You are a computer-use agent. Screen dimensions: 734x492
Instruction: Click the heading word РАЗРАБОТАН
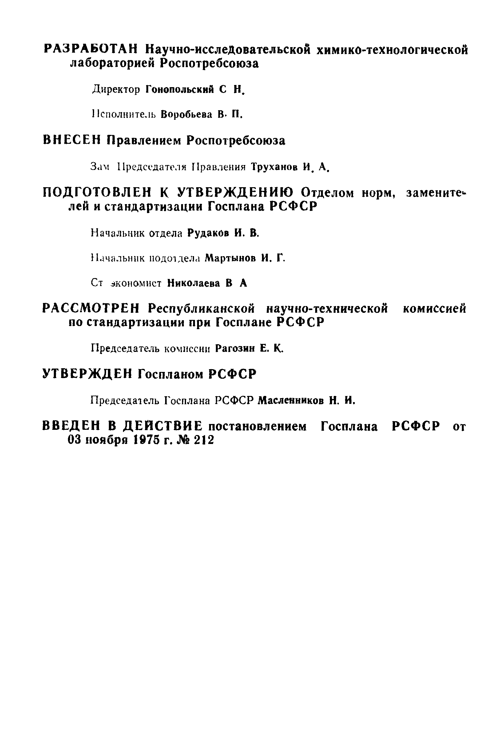tap(90, 50)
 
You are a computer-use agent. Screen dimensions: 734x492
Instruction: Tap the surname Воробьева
tap(186, 115)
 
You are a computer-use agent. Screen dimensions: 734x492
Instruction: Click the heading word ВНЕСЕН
tap(72, 140)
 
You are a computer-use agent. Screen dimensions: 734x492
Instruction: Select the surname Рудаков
tap(208, 233)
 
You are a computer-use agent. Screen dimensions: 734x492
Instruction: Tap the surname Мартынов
tap(230, 259)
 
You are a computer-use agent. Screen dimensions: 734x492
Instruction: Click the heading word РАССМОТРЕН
tap(91, 309)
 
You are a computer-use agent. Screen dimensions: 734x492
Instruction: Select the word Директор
tap(116, 90)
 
